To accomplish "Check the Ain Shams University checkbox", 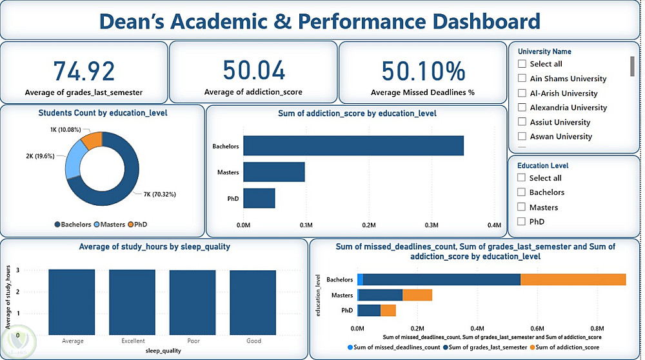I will [x=522, y=79].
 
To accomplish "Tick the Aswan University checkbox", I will [x=522, y=137].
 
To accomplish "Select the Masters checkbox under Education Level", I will [x=521, y=207].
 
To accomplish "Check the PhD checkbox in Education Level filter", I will [x=521, y=222].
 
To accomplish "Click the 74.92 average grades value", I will [x=84, y=71].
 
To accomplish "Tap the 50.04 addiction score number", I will [x=253, y=70].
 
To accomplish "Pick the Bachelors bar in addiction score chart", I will [x=353, y=146].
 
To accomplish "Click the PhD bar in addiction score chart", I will [x=259, y=198].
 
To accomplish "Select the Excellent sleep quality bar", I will [x=133, y=302].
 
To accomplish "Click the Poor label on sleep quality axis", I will [x=193, y=341].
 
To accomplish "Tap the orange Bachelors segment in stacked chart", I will [x=573, y=279].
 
